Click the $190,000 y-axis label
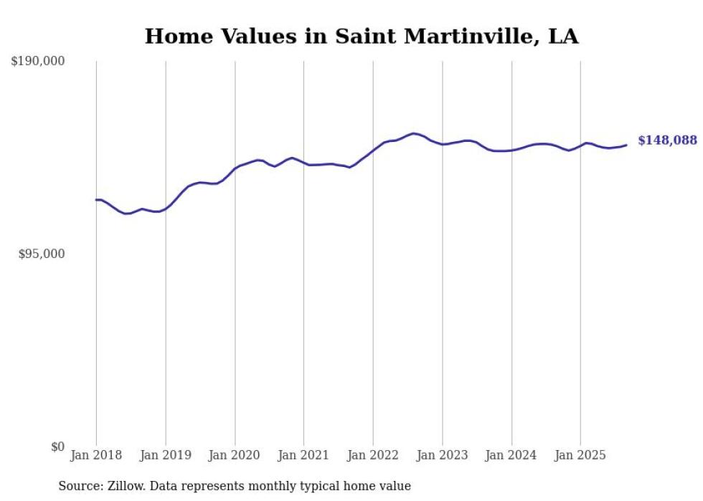(38, 62)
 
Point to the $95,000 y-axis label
(41, 254)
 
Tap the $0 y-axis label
(57, 447)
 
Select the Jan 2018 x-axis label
(96, 455)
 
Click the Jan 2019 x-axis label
(166, 455)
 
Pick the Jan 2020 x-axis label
(235, 455)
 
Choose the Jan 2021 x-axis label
(303, 455)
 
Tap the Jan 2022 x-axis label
(373, 455)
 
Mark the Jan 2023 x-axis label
(442, 455)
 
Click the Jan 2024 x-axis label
(511, 455)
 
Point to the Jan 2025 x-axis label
(580, 455)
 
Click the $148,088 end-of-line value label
(667, 140)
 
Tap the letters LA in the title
(563, 37)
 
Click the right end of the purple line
(626, 145)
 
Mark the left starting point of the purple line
(96, 200)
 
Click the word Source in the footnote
(79, 487)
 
